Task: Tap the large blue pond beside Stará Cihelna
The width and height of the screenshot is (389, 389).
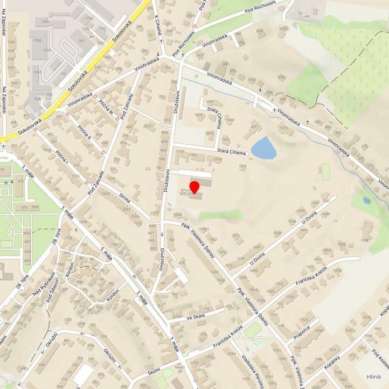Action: pyautogui.click(x=263, y=148)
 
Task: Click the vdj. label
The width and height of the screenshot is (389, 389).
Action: pyautogui.click(x=307, y=16)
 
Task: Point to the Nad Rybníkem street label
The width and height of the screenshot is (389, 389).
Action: pyautogui.click(x=44, y=280)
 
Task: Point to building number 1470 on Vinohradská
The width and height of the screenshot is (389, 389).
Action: pyautogui.click(x=283, y=128)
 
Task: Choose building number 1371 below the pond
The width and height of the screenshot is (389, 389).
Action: pyautogui.click(x=242, y=166)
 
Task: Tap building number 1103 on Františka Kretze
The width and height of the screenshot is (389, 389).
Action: pyautogui.click(x=279, y=283)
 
